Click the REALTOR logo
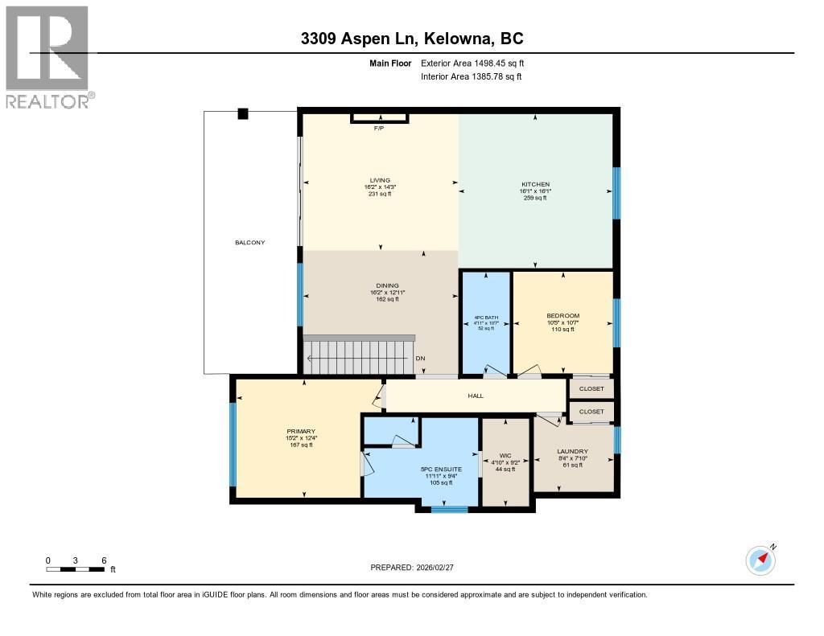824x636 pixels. click(x=47, y=56)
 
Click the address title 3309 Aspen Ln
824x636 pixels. click(x=412, y=39)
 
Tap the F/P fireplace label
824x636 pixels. click(x=379, y=128)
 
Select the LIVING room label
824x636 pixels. click(x=380, y=180)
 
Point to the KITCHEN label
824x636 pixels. click(x=535, y=184)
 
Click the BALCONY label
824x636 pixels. click(x=249, y=242)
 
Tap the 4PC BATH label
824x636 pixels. click(x=485, y=318)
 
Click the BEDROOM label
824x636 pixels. click(x=563, y=315)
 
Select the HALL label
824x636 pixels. click(x=476, y=395)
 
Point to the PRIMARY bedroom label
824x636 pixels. click(x=301, y=431)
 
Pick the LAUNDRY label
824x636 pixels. click(x=572, y=451)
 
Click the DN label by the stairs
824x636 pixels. click(x=419, y=359)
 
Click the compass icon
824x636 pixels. click(x=760, y=560)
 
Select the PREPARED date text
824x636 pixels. click(x=417, y=567)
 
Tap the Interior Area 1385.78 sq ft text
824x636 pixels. click(x=471, y=76)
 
